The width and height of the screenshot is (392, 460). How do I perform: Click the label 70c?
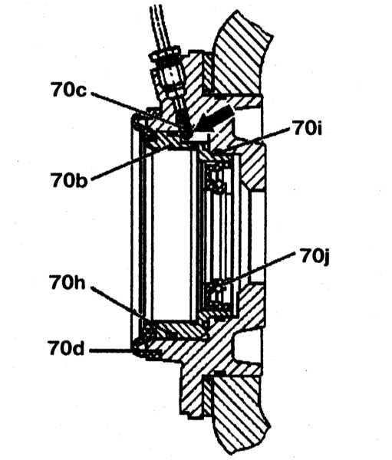click(69, 90)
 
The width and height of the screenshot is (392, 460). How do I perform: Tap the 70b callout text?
click(69, 179)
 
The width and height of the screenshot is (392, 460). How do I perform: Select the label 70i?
click(307, 128)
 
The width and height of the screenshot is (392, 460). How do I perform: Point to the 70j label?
click(315, 257)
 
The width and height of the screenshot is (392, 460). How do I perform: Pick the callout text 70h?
click(68, 282)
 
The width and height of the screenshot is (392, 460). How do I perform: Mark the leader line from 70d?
click(110, 350)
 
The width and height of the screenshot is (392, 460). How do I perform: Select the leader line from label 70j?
click(258, 268)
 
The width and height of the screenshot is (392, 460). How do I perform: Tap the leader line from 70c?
click(138, 113)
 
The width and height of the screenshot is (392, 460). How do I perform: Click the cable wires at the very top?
click(160, 26)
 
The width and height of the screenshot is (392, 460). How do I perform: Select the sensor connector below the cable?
click(169, 77)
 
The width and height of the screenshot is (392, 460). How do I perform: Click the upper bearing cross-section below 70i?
click(218, 178)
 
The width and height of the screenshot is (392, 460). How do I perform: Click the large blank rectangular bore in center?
click(171, 235)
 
